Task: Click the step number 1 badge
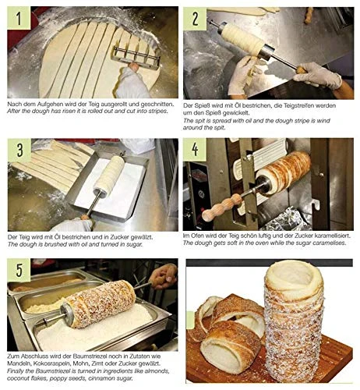click(x=19, y=18)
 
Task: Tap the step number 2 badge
click(x=195, y=19)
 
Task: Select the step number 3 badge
click(x=19, y=151)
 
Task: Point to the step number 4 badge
click(x=195, y=149)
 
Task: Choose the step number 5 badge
click(x=19, y=270)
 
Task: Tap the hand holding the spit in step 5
click(x=164, y=276)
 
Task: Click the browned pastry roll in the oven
click(x=283, y=173)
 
